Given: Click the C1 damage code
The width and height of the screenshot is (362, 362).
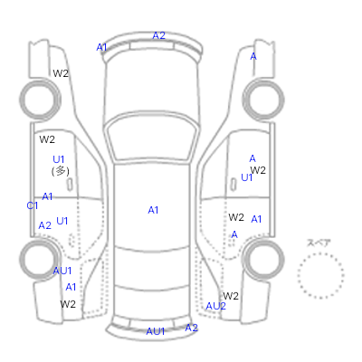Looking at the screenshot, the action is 33,205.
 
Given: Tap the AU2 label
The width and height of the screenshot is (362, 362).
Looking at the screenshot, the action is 215,307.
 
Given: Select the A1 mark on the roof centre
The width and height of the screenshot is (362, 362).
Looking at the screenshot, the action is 153,210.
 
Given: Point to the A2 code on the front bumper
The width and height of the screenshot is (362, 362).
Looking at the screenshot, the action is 159,35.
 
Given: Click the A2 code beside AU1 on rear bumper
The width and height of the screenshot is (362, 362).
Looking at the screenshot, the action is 191,328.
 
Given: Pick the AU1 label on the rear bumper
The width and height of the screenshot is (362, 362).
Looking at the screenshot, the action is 156,331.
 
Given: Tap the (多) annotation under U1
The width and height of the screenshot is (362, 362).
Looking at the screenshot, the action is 61,171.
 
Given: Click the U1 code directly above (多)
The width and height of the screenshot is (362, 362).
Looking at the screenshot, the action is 59,159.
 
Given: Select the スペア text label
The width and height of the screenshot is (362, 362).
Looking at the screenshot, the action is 319,243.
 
